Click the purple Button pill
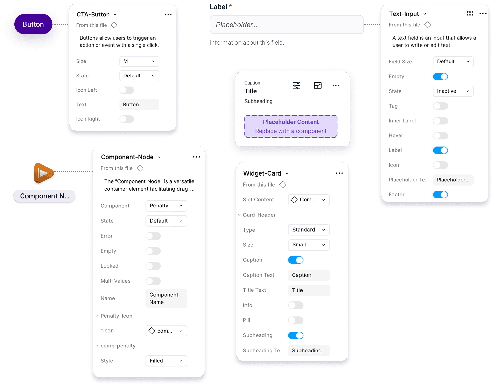click(33, 24)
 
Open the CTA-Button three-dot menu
click(168, 14)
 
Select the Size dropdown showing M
click(139, 61)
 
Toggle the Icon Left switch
click(126, 90)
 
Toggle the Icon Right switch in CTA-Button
click(126, 119)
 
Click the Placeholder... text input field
click(287, 25)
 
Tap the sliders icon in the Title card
click(296, 86)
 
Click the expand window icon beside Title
click(318, 86)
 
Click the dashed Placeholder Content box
click(291, 126)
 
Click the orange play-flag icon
click(43, 173)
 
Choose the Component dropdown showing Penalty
click(166, 206)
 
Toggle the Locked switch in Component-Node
click(153, 266)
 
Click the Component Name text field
click(166, 298)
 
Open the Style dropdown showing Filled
click(166, 361)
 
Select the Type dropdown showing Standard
click(309, 230)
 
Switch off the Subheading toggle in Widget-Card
click(296, 335)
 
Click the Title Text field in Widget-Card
click(309, 290)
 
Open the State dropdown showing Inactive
click(453, 91)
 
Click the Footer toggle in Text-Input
click(440, 195)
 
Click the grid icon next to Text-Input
click(470, 14)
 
